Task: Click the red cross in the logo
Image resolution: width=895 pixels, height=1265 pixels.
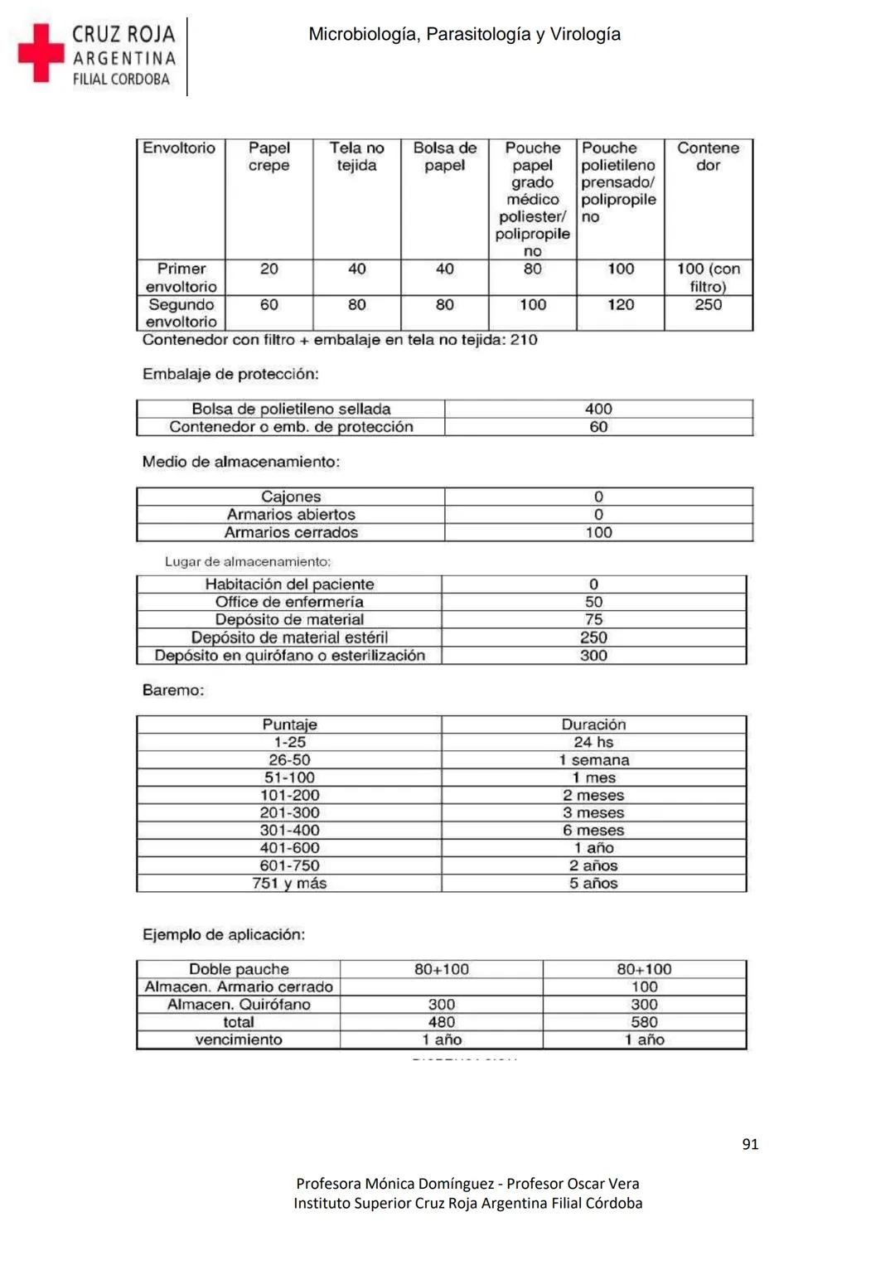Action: tap(41, 52)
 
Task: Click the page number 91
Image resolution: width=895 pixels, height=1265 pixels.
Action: tap(750, 1144)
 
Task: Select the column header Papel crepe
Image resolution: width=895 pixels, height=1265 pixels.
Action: tap(269, 157)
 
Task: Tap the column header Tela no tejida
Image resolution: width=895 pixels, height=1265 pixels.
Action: tap(356, 157)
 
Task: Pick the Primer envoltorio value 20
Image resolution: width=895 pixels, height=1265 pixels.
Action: tap(269, 269)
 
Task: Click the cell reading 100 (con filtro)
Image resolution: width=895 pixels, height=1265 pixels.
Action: tap(708, 277)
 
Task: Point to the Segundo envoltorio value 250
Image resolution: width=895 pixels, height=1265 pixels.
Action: tap(708, 304)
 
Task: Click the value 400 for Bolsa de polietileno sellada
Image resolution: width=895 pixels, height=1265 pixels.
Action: tap(597, 409)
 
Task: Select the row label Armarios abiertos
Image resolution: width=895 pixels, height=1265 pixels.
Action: tap(291, 514)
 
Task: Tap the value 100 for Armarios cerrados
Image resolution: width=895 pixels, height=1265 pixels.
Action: tap(597, 532)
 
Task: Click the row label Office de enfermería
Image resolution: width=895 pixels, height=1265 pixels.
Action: tap(289, 602)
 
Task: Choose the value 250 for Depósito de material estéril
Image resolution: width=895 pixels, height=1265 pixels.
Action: tap(593, 637)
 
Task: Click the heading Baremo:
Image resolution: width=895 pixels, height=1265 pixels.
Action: tap(172, 690)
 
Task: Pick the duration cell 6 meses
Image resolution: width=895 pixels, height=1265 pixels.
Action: tap(593, 830)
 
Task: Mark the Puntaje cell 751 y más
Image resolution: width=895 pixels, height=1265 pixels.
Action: tap(289, 883)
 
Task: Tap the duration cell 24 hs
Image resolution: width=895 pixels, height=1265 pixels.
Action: tap(593, 742)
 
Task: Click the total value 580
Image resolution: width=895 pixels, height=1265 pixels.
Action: tap(644, 1022)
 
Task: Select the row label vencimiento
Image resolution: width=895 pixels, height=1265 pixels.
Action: tap(239, 1040)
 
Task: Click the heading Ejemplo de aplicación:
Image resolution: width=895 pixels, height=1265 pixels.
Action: tap(224, 934)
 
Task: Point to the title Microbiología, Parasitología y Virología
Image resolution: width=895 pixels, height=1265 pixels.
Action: tap(464, 34)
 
